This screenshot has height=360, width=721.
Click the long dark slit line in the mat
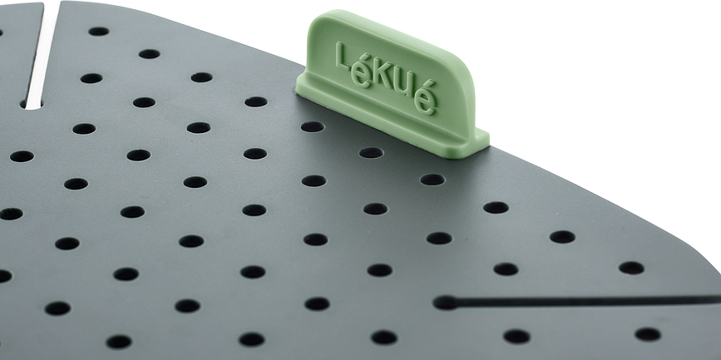[582, 300]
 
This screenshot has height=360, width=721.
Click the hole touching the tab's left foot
[312, 127]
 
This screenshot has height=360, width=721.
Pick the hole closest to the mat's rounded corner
[631, 268]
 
